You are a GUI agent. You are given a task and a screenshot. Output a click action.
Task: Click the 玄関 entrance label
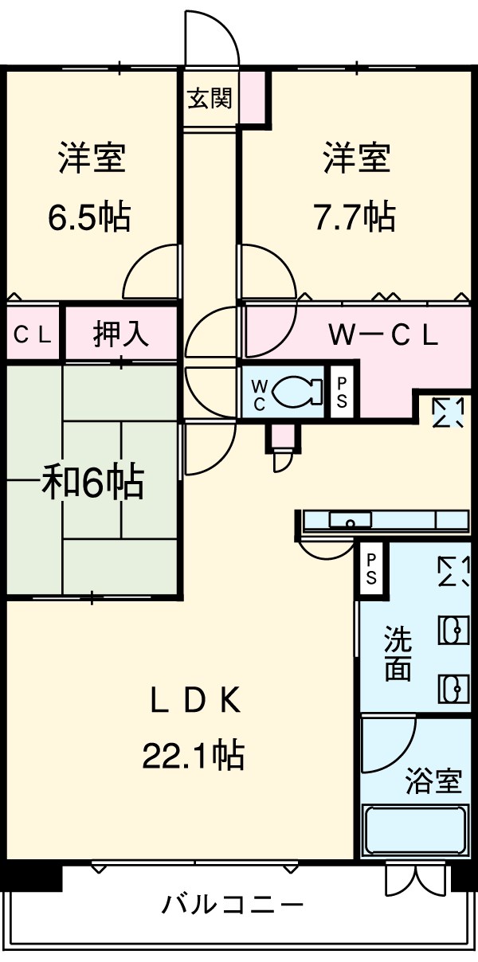click(210, 98)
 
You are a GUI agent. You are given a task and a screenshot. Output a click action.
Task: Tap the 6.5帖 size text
click(89, 217)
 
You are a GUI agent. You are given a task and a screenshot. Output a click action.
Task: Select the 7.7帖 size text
click(355, 217)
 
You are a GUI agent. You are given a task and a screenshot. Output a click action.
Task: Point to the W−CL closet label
click(383, 336)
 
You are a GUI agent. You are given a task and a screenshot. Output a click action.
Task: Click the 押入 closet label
click(121, 334)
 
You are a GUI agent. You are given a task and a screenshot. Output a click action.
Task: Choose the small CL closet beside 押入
click(33, 335)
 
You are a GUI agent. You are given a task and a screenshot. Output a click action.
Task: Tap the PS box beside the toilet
click(342, 392)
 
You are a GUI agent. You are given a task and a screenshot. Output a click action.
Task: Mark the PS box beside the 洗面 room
click(371, 569)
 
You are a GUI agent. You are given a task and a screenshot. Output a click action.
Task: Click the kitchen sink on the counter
click(351, 519)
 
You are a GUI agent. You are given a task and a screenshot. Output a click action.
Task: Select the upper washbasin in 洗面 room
click(453, 630)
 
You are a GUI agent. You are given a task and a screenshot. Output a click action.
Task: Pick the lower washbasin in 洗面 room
click(453, 688)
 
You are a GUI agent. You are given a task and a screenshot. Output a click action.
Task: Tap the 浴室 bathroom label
click(433, 780)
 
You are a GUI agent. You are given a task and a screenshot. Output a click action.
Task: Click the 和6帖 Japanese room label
click(92, 484)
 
